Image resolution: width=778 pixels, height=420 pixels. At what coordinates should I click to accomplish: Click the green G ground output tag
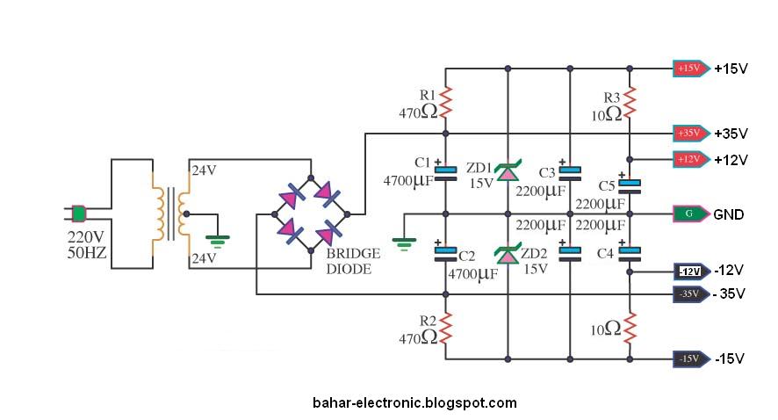pyautogui.click(x=689, y=214)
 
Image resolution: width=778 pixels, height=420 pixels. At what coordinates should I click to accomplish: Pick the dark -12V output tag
pyautogui.click(x=689, y=272)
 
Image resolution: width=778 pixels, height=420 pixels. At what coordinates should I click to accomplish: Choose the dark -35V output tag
pyautogui.click(x=689, y=293)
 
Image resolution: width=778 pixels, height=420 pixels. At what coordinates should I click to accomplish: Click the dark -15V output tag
pyautogui.click(x=689, y=358)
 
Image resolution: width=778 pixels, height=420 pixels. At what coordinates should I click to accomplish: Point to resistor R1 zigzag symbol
pyautogui.click(x=445, y=102)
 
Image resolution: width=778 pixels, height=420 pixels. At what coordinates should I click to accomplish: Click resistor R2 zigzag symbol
pyautogui.click(x=445, y=329)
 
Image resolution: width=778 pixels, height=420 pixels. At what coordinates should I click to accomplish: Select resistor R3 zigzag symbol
pyautogui.click(x=630, y=102)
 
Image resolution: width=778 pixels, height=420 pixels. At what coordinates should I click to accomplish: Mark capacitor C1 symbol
pyautogui.click(x=445, y=172)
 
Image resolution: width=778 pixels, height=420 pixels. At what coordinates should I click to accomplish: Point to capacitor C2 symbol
pyautogui.click(x=445, y=254)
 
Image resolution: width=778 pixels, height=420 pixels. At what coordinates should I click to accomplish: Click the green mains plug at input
pyautogui.click(x=79, y=213)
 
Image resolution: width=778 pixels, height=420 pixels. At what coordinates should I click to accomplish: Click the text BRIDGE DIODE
pyautogui.click(x=353, y=261)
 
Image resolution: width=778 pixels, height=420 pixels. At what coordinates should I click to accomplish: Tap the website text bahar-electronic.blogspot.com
pyautogui.click(x=414, y=403)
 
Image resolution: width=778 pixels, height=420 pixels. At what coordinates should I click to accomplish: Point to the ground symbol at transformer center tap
pyautogui.click(x=216, y=237)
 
